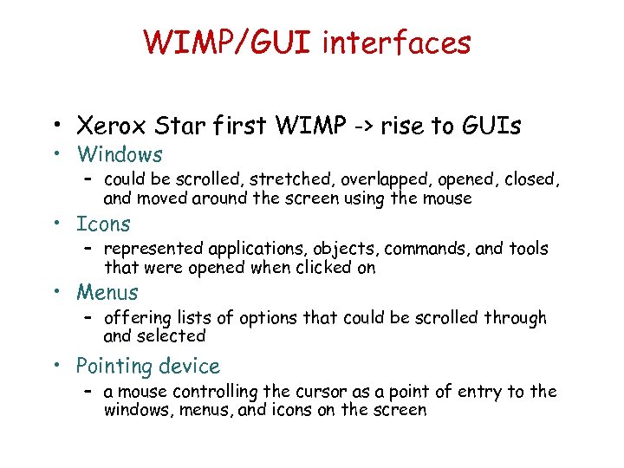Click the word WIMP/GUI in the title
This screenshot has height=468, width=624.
(228, 42)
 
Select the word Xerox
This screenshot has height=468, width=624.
(107, 127)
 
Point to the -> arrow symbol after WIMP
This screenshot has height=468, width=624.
(367, 127)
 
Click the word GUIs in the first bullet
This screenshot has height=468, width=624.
(491, 127)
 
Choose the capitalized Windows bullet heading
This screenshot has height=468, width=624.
(120, 155)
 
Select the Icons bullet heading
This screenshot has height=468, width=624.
(103, 224)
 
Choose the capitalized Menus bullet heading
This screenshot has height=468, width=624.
(107, 293)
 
